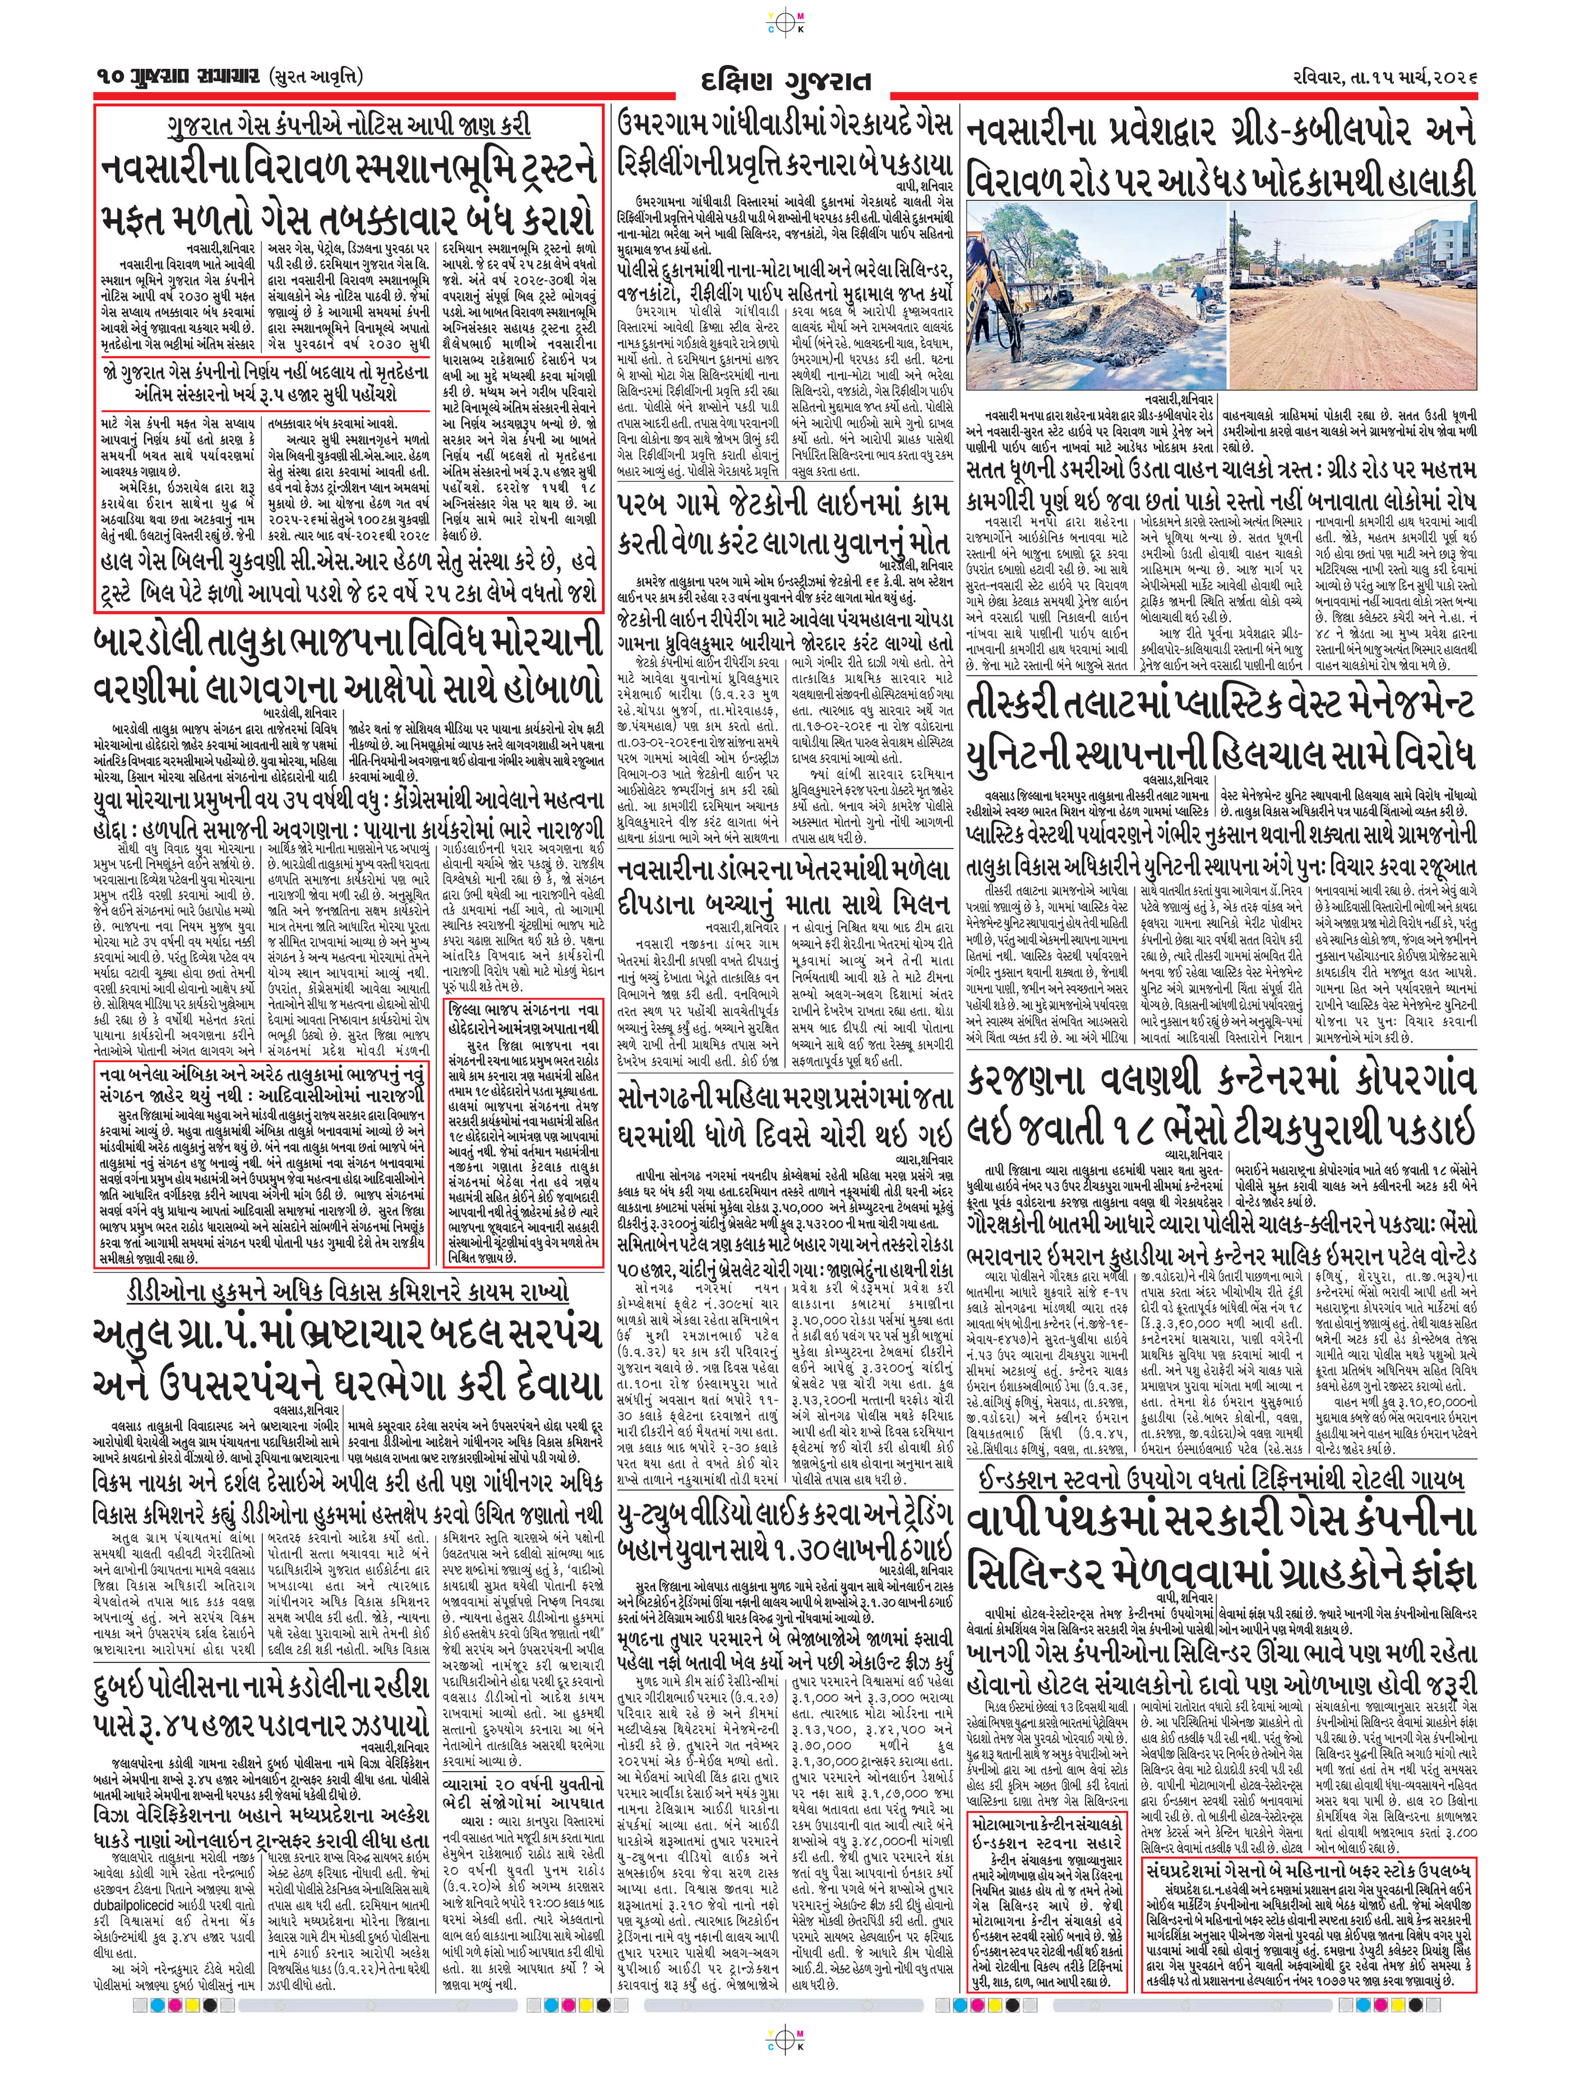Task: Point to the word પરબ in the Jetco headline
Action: tap(647, 504)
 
